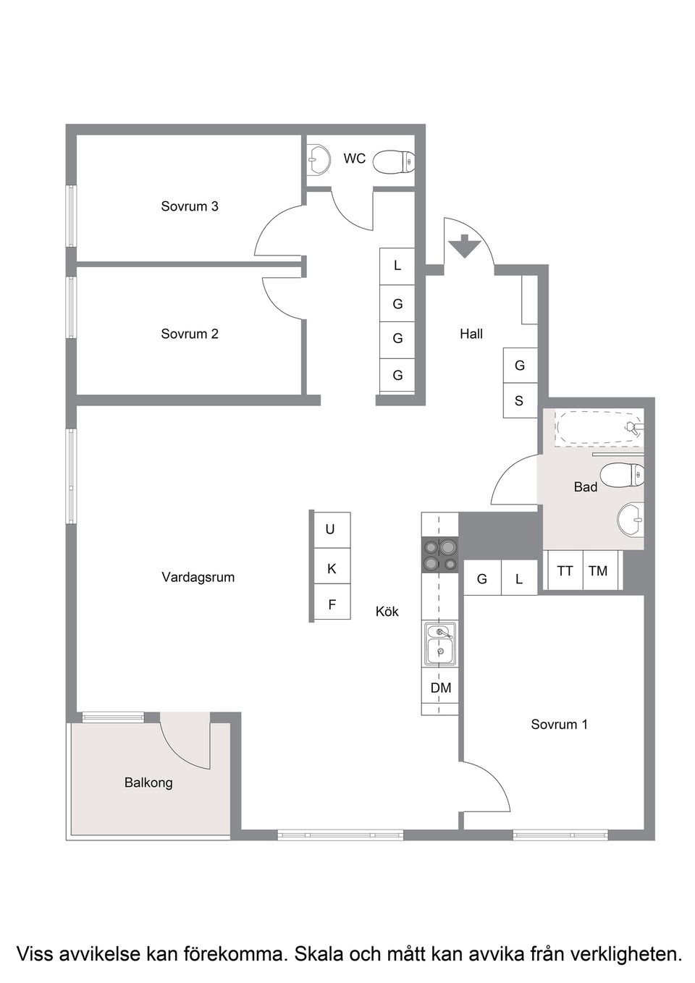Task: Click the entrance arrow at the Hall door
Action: coord(463,247)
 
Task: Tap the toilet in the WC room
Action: coord(394,161)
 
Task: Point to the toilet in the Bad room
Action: coord(623,474)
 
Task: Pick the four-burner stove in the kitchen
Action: coord(440,554)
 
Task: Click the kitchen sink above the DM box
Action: coord(440,644)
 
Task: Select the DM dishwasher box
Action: coord(440,688)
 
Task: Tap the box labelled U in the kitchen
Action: coord(331,530)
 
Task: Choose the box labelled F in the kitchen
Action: coord(332,604)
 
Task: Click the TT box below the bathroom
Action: coord(565,571)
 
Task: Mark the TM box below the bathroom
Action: coord(598,571)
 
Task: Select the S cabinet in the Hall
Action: coord(519,401)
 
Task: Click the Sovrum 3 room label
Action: coord(190,206)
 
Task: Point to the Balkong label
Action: coord(148,782)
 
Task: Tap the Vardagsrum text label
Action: coord(198,577)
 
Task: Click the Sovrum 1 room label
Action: coord(559,724)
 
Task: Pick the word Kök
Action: coord(387,612)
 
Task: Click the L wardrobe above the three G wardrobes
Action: coord(397,266)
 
